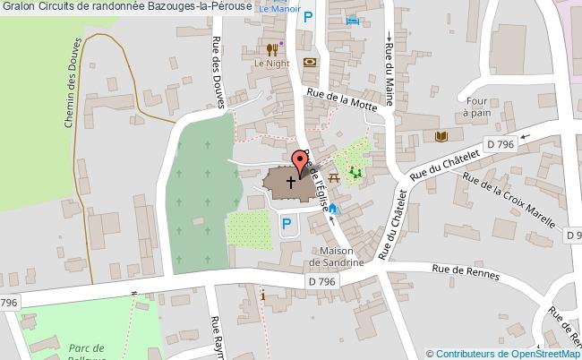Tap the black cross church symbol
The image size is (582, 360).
click(291, 182)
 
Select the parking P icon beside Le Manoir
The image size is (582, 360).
click(308, 16)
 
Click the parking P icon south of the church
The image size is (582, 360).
click(287, 224)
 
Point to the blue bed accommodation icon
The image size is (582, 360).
click(354, 20)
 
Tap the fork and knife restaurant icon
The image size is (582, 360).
click(270, 49)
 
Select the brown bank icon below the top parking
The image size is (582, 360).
click(310, 62)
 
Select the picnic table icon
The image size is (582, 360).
click(334, 178)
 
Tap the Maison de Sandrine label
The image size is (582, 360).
click(334, 256)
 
